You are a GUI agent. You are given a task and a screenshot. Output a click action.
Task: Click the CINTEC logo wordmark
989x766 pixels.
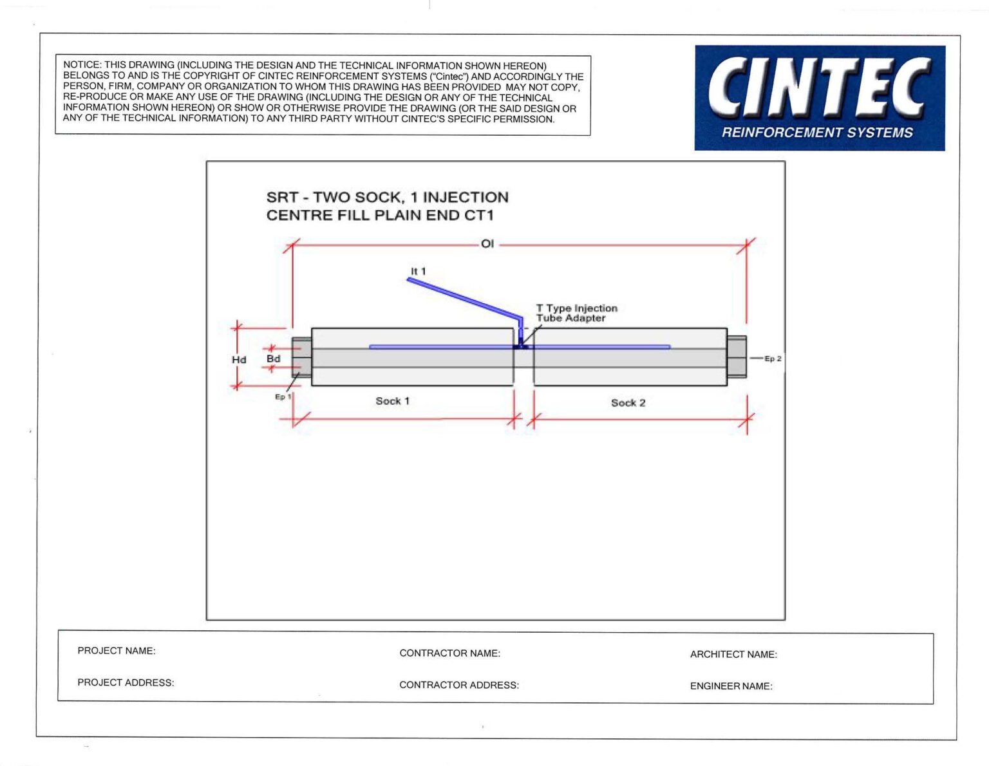click(819, 87)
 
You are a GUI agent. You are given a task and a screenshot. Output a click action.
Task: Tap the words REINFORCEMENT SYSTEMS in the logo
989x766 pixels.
click(817, 133)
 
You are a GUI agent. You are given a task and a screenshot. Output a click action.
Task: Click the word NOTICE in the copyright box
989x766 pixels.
click(82, 65)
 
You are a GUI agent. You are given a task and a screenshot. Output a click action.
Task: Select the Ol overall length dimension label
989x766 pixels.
click(487, 244)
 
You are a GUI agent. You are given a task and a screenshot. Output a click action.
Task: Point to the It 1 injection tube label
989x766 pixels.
click(419, 271)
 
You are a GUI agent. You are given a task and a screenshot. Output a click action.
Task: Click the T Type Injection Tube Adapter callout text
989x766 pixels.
click(576, 313)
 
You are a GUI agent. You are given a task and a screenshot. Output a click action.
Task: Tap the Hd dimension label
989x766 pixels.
click(239, 360)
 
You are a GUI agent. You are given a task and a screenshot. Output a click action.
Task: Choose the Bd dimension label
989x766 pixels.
click(274, 359)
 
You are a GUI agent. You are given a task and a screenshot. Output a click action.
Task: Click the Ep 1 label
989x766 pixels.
click(282, 397)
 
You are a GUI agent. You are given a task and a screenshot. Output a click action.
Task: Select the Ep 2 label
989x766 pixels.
click(773, 359)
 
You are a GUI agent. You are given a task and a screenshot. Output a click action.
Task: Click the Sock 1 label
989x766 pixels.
click(392, 401)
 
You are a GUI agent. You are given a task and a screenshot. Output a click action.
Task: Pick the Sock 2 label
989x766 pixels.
click(628, 403)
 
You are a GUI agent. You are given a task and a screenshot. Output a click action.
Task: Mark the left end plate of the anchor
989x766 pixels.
click(301, 357)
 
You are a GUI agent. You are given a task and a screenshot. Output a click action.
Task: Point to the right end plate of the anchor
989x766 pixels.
click(737, 357)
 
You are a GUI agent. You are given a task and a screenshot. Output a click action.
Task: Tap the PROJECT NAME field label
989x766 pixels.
click(117, 651)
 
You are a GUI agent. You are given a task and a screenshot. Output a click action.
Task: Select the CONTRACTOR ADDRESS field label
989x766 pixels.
click(458, 685)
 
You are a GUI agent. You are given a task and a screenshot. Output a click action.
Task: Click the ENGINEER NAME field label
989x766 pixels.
click(731, 686)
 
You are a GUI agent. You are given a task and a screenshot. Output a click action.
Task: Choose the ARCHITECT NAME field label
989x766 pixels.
click(733, 654)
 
